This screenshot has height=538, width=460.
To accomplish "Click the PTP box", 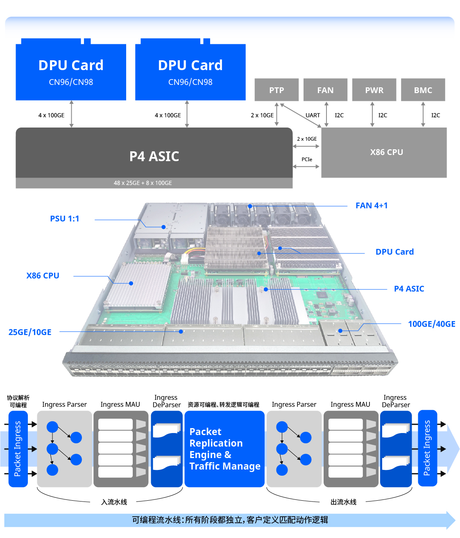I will point(276,90).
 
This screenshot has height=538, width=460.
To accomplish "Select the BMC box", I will point(423,90).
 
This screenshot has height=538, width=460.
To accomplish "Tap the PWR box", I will point(374,90).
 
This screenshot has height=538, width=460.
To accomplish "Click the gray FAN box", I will point(325,90).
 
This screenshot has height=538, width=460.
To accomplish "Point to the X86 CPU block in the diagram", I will point(386,152).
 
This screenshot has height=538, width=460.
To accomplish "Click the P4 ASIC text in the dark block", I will point(154,156).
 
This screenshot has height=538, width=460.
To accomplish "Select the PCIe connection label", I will point(307,160).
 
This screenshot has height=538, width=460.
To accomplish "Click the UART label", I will point(313,115).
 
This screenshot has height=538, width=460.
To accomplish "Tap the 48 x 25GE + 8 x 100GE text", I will point(143,183).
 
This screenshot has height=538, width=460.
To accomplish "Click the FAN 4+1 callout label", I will point(371,205).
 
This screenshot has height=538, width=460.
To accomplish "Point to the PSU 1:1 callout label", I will point(64,219).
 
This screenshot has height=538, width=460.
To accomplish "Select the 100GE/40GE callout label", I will point(431,324).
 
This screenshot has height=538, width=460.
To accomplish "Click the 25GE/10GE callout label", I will point(30,332).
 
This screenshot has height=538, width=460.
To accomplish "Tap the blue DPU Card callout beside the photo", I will point(394,252).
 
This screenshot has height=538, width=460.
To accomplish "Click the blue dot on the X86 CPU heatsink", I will point(131,283).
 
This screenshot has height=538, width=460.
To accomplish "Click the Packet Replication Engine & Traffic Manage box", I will point(224,449).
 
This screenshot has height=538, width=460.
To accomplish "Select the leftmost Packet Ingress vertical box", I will point(18,449).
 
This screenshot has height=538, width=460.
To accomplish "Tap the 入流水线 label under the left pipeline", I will point(114,502).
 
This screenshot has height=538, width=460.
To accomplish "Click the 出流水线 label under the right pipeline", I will point(343,502).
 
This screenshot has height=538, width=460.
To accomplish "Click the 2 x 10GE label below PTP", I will point(262,115).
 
